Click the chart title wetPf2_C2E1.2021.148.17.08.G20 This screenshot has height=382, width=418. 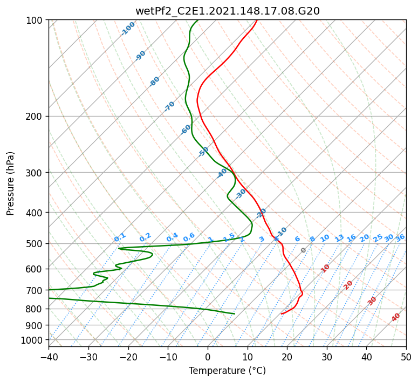[228, 11]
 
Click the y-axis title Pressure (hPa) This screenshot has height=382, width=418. [10, 183]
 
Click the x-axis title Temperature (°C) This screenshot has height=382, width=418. [228, 371]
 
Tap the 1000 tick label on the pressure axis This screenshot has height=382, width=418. [33, 340]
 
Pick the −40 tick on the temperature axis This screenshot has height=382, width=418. [49, 357]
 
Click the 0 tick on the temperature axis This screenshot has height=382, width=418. [208, 357]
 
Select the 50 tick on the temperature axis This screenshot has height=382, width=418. [406, 357]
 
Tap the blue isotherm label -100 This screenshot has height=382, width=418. [128, 29]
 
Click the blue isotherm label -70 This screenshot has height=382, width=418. [169, 106]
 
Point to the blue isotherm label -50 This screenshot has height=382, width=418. [203, 152]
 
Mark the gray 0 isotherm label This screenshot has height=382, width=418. [303, 250]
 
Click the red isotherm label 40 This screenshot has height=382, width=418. [396, 317]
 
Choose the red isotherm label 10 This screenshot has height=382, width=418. [325, 268]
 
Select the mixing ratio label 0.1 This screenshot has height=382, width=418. [120, 237]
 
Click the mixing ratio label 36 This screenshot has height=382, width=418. [400, 238]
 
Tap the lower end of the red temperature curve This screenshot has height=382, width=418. [282, 313]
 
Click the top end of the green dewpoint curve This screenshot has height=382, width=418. [197, 21]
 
